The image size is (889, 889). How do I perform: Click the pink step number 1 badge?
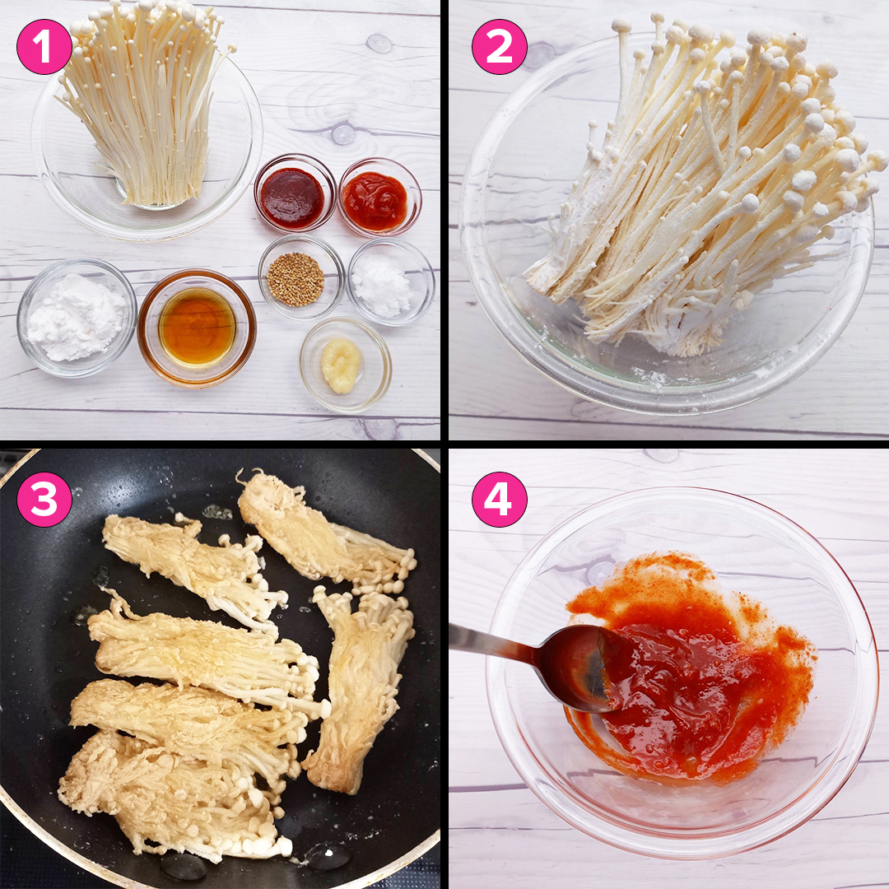44,46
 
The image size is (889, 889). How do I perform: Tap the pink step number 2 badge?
500,46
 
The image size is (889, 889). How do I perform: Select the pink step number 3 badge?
44,500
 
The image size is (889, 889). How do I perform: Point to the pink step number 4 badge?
500,500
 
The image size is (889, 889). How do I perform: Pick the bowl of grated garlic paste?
345,365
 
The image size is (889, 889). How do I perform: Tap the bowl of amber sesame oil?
197,328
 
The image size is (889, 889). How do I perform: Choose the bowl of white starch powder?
77,318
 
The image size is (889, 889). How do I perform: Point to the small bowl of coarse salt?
391,282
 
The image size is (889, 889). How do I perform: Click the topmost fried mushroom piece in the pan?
326,530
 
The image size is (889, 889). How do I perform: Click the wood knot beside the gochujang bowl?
343,134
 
